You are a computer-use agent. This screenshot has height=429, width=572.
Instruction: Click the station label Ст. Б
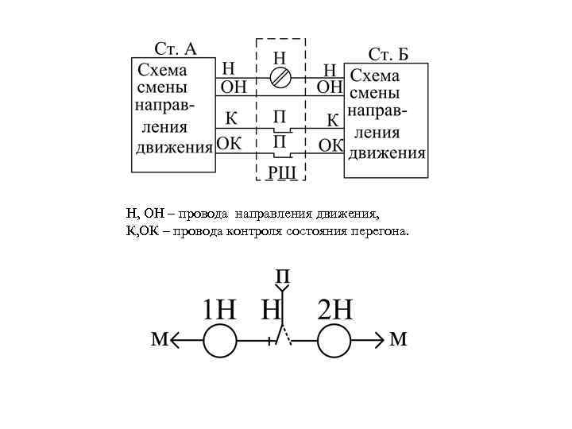[x=388, y=54]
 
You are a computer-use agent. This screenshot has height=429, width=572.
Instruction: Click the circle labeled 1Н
[x=220, y=342]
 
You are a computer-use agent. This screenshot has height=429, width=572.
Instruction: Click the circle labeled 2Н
[x=334, y=342]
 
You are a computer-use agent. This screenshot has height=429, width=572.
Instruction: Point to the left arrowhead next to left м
[x=175, y=342]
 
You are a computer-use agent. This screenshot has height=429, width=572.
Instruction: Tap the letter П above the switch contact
[x=283, y=277]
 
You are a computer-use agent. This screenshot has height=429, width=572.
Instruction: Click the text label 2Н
[x=334, y=308]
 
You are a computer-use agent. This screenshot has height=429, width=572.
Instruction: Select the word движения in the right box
[x=388, y=153]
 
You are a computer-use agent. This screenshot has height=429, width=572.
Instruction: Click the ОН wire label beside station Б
[x=330, y=86]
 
